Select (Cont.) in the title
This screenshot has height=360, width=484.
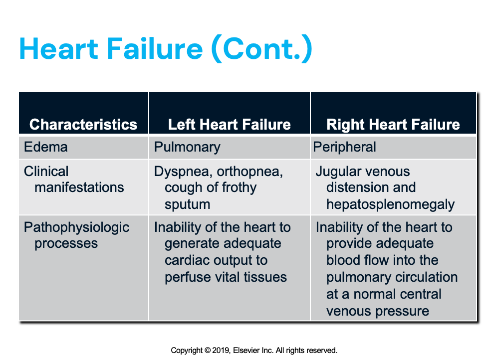(261, 49)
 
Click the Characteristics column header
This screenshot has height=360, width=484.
(83, 124)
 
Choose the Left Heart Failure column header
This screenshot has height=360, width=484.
(230, 124)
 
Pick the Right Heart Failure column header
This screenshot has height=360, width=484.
(393, 124)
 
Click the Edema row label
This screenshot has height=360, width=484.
(45, 148)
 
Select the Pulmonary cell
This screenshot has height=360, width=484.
(187, 148)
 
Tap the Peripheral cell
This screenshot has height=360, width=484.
(345, 148)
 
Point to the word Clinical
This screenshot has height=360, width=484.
(46, 172)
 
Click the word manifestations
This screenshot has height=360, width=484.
(79, 187)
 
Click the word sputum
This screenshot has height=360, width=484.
(188, 204)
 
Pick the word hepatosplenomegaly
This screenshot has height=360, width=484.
(391, 204)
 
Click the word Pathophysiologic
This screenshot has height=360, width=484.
(77, 228)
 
